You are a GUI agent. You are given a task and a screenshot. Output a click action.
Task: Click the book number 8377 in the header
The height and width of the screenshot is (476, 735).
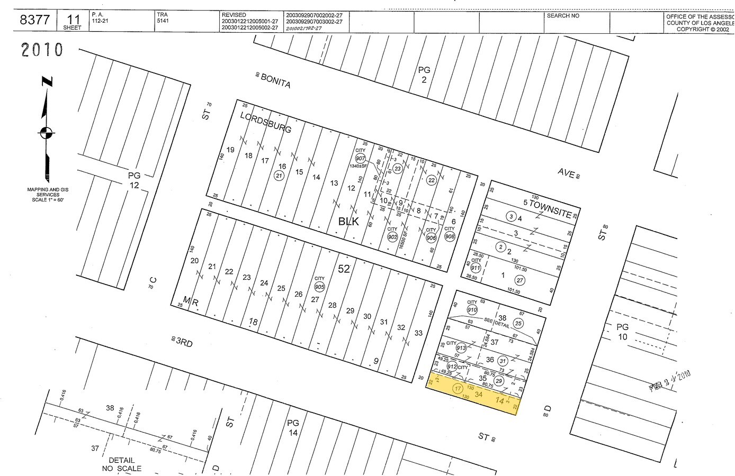(x=35, y=20)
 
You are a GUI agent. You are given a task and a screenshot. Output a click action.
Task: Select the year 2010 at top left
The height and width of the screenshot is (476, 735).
(x=42, y=50)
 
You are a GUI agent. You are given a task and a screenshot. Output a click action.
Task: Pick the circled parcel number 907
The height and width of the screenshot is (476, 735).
(x=361, y=159)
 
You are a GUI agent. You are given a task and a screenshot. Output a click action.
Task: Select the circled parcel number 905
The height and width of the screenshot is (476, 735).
(x=319, y=286)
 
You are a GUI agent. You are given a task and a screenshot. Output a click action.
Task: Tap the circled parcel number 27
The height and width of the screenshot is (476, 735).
(x=520, y=280)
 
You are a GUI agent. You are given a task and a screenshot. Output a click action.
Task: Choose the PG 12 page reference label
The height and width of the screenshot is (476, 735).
(x=133, y=180)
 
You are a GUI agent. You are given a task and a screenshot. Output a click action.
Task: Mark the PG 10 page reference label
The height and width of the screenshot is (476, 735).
(x=622, y=332)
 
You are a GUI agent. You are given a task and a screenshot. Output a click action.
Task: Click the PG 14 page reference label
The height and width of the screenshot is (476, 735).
(x=293, y=427)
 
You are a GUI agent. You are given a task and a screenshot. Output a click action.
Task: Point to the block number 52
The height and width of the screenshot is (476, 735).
(x=344, y=269)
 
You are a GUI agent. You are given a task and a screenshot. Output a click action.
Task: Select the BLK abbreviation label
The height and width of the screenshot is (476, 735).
(x=348, y=222)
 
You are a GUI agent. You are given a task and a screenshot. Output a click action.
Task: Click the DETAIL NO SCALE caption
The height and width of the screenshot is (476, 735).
(x=121, y=464)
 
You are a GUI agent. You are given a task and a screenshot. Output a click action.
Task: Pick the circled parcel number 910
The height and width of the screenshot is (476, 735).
(x=472, y=309)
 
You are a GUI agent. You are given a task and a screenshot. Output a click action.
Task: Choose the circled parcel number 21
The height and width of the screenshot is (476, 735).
(x=279, y=176)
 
